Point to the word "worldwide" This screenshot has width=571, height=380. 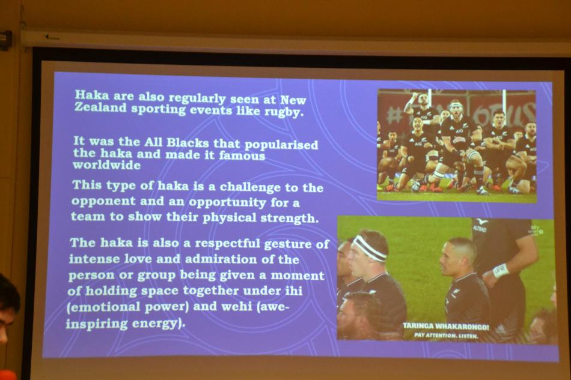point(107,165)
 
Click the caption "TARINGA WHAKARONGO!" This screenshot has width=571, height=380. point(446,326)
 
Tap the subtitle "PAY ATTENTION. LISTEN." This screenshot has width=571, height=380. point(446,336)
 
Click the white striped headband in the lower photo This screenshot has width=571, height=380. point(369,248)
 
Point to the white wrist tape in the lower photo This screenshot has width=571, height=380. point(501,271)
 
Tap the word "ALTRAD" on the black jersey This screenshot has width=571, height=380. point(480,228)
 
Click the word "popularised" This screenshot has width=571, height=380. point(281,144)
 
